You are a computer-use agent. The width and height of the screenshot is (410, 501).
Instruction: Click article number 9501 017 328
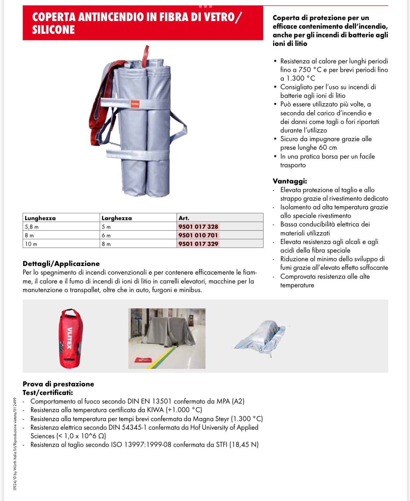[x=198, y=227]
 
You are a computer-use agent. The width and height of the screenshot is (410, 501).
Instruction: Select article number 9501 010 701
[x=198, y=235]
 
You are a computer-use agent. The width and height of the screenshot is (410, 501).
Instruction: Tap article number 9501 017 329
[x=198, y=244]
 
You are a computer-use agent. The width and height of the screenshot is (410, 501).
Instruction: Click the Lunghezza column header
[x=40, y=218]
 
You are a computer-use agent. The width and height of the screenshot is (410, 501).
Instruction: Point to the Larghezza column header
[x=117, y=218]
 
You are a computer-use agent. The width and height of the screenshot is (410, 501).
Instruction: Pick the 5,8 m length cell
[x=32, y=227]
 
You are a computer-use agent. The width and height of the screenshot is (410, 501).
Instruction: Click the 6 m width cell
[x=106, y=236]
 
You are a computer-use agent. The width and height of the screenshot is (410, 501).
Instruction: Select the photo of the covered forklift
[x=167, y=338]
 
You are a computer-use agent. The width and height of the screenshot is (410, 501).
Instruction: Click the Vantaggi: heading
[x=290, y=181]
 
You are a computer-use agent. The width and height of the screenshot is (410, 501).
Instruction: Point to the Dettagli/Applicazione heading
[x=61, y=264]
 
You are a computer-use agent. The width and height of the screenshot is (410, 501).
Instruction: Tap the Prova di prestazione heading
[x=58, y=384]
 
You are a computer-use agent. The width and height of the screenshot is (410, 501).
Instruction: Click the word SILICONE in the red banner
[x=54, y=30]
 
